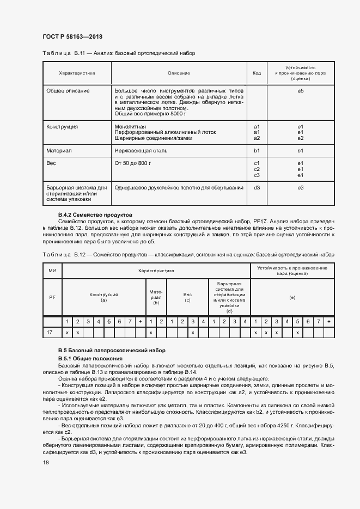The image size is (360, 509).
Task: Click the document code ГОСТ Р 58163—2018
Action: tap(72, 37)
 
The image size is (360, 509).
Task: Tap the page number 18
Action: tap(46, 463)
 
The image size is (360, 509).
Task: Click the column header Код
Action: tap(257, 72)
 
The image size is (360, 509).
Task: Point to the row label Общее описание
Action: tap(68, 90)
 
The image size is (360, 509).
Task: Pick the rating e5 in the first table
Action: tap(300, 90)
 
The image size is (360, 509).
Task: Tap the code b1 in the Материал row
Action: tap(257, 150)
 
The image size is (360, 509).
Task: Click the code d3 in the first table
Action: tap(257, 188)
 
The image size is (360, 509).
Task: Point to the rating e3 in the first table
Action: tap(300, 188)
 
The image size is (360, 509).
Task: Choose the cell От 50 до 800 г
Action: tap(132, 163)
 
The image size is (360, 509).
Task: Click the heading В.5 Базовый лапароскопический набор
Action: tap(112, 350)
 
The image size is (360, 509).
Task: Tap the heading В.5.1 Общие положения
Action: tap(91, 360)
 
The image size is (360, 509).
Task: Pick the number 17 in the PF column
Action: tap(50, 332)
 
